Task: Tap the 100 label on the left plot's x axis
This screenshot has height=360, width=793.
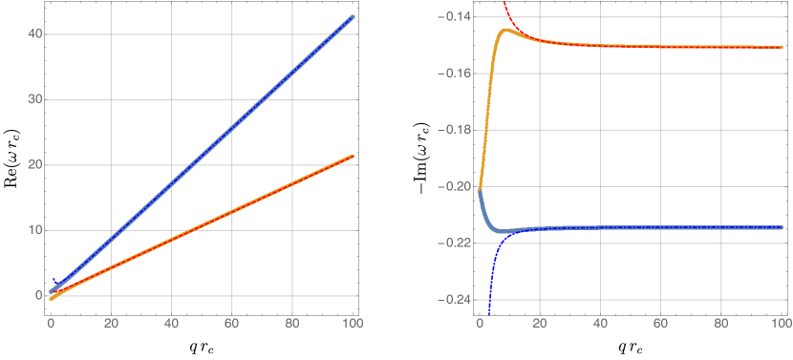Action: (353, 325)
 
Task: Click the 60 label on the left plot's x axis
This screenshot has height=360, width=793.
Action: (232, 325)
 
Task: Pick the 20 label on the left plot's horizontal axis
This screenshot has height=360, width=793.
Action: (111, 325)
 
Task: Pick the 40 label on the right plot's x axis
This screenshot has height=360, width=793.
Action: (600, 325)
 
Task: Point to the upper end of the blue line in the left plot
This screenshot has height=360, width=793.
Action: (353, 16)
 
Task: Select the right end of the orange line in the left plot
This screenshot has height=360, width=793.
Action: (353, 156)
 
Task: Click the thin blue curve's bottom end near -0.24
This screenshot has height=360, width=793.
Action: (489, 311)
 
